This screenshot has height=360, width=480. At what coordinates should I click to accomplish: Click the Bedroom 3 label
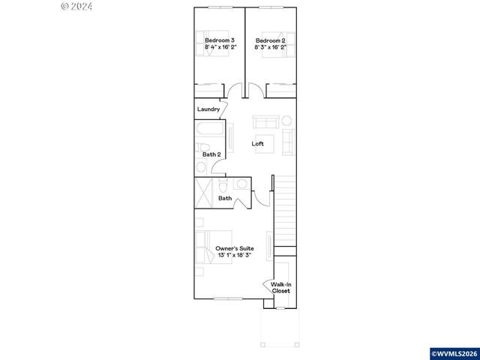[x=220, y=40]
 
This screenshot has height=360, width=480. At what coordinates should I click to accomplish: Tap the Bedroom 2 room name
[x=270, y=40]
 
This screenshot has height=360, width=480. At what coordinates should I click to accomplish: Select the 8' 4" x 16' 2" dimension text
[x=220, y=47]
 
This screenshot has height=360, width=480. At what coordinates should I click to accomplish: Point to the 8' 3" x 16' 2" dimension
[x=270, y=47]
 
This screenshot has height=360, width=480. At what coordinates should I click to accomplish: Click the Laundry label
[x=208, y=109]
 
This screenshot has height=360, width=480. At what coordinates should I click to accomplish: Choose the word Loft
[x=257, y=143]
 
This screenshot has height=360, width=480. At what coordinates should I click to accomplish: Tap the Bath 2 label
[x=211, y=154]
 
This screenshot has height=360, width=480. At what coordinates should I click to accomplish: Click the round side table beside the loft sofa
[x=285, y=121]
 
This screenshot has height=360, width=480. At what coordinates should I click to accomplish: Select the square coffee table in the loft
[x=263, y=142]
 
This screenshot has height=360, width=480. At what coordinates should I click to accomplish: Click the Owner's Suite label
[x=234, y=248]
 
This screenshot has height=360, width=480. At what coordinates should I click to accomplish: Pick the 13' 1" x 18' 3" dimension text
[x=234, y=256]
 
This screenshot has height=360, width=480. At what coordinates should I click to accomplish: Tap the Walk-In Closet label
[x=281, y=287]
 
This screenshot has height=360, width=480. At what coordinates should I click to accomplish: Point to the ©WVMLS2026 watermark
[x=454, y=353]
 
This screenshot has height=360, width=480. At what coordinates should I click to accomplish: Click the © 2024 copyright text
[x=76, y=6]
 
